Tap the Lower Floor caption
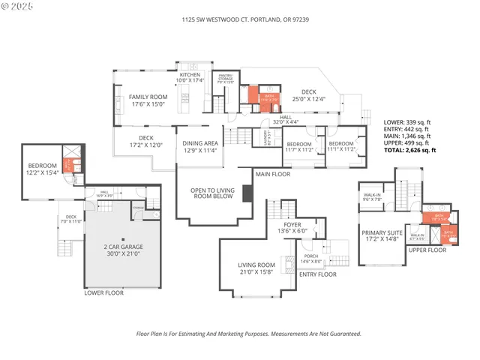(104, 292)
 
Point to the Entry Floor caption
(318, 274)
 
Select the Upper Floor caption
(427, 249)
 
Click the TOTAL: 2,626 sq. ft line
(409, 150)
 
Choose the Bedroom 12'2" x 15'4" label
(42, 169)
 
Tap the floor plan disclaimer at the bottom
(247, 334)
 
